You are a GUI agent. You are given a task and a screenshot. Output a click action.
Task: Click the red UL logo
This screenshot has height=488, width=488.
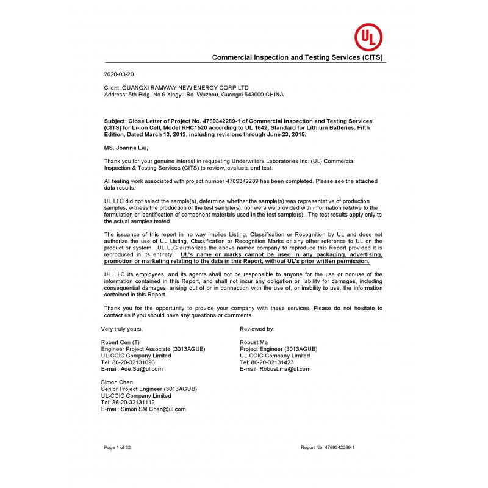pyautogui.click(x=369, y=37)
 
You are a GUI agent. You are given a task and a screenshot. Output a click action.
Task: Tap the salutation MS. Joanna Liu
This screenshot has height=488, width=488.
pyautogui.click(x=126, y=148)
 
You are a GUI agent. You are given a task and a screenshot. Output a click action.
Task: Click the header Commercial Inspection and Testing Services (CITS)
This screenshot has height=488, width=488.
pyautogui.click(x=298, y=57)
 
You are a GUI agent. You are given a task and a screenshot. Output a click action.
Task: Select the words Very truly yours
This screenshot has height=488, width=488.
pyautogui.click(x=122, y=329)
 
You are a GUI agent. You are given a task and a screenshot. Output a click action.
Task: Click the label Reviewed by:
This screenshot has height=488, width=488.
pyautogui.click(x=257, y=329)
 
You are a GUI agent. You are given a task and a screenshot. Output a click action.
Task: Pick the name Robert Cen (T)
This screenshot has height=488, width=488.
pyautogui.click(x=120, y=342)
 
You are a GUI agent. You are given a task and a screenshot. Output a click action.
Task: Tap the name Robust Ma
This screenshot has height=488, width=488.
pyautogui.click(x=254, y=342)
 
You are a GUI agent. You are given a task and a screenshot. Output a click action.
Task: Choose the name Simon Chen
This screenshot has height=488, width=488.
pyautogui.click(x=117, y=382)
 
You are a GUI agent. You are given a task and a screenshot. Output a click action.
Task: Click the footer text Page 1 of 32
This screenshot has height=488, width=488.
pyautogui.click(x=118, y=447)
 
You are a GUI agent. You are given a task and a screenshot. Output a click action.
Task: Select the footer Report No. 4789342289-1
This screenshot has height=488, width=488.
pyautogui.click(x=328, y=447)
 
